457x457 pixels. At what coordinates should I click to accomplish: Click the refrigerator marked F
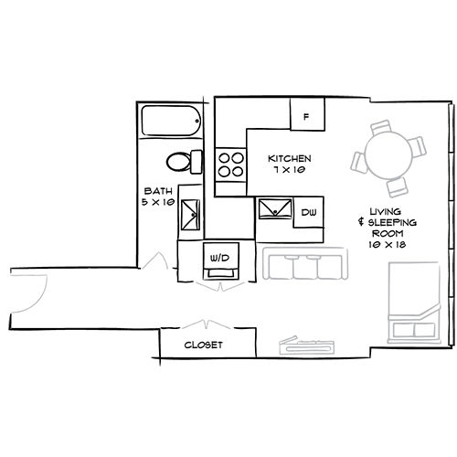[307, 116]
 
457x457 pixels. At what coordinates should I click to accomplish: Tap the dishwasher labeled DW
[308, 212]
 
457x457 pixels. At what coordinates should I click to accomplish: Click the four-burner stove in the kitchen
[230, 164]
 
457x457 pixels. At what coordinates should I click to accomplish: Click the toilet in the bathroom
[183, 162]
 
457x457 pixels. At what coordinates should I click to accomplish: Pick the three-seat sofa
[314, 266]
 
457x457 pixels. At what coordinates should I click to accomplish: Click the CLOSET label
[204, 345]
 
